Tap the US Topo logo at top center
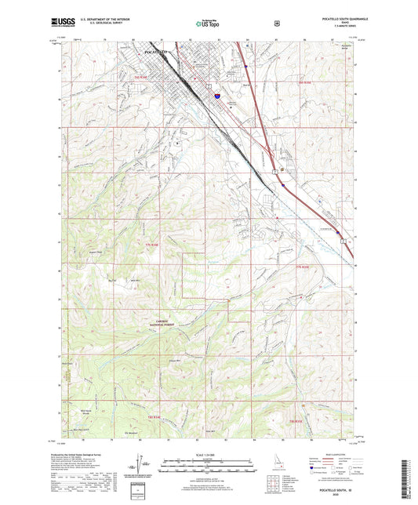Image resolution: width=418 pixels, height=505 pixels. [x=208, y=24]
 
